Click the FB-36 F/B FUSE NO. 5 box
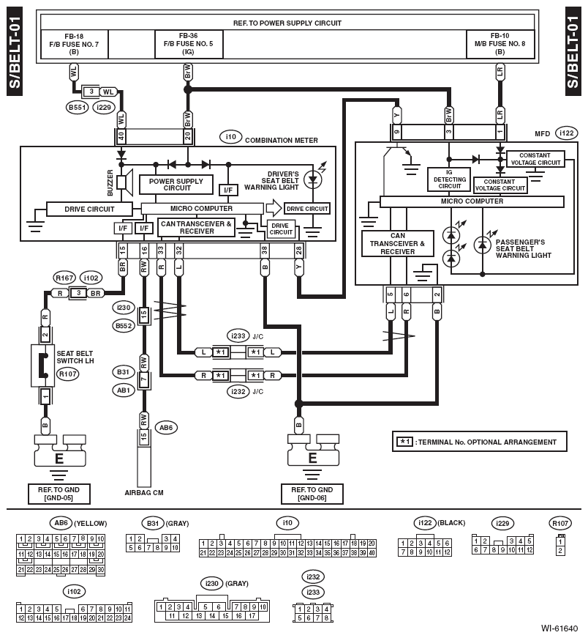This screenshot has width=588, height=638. (189, 44)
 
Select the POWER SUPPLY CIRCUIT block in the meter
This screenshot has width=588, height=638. (176, 185)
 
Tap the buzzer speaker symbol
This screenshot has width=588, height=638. (125, 182)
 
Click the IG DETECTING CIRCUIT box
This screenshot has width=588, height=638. (449, 179)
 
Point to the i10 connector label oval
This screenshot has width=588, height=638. (231, 137)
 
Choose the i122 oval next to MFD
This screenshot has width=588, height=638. (567, 133)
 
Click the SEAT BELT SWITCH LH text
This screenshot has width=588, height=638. (75, 357)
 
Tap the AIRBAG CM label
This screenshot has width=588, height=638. (144, 493)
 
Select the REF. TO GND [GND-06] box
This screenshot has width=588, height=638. (312, 494)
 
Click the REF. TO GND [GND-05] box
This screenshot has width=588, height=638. (59, 494)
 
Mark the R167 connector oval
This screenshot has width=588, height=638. (64, 278)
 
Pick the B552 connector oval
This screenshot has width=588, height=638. (124, 325)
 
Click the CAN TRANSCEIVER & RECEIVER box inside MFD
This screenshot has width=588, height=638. (397, 244)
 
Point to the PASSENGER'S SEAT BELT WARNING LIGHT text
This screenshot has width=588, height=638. (523, 248)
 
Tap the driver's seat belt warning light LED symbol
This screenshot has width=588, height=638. (313, 179)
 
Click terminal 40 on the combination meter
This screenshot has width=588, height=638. (121, 136)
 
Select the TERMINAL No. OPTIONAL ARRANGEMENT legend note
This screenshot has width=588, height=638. (480, 442)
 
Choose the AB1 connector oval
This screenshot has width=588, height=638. (124, 390)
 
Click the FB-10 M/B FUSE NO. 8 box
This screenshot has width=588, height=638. (500, 44)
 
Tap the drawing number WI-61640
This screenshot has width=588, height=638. (559, 628)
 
